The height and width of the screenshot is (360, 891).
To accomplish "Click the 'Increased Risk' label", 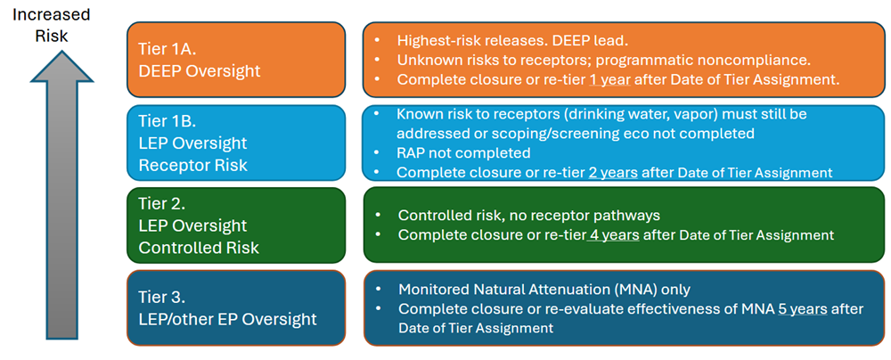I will coord(51,24).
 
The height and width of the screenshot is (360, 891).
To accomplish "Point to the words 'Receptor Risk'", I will coord(193,165).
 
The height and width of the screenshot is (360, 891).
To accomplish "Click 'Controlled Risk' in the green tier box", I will coord(199,248).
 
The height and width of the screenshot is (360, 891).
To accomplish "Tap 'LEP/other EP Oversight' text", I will coord(227,318).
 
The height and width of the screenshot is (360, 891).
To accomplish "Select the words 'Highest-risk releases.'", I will coord(473,41).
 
